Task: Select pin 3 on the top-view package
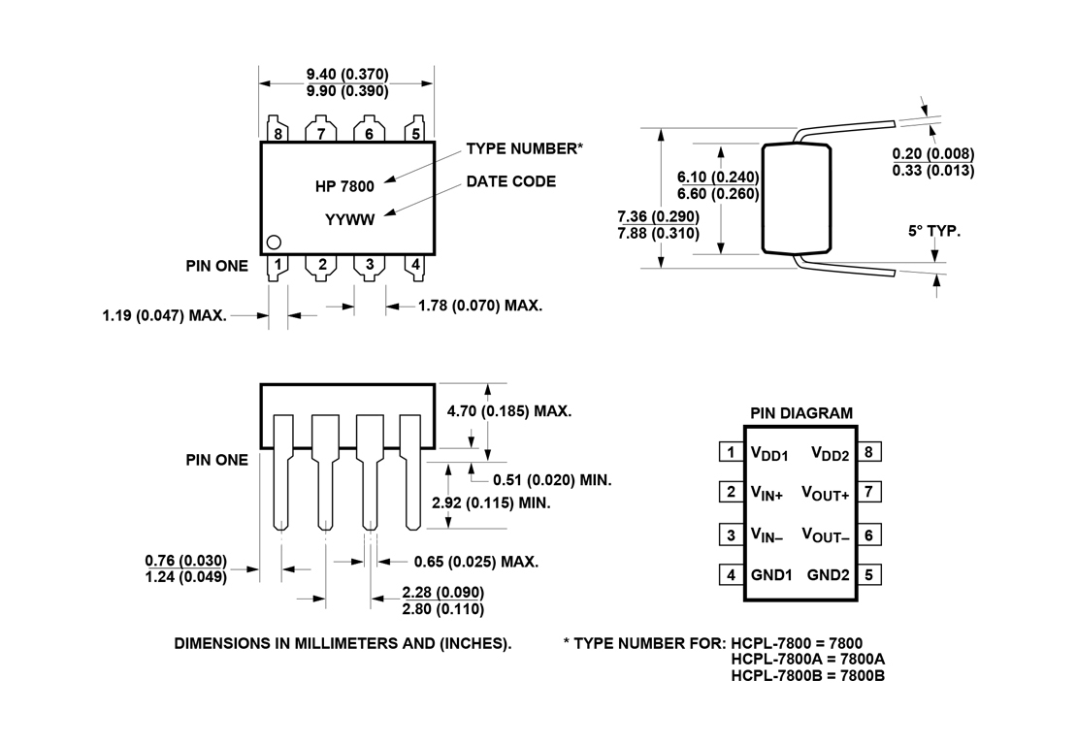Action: tap(370, 264)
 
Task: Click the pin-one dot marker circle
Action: tap(275, 243)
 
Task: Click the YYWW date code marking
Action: tap(349, 219)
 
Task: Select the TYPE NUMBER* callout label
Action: tap(525, 148)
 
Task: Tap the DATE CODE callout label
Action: tap(511, 181)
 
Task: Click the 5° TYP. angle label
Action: tap(934, 232)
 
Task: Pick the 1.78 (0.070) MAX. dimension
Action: tap(480, 306)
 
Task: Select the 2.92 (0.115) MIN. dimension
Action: tap(491, 503)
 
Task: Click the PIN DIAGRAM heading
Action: tap(801, 413)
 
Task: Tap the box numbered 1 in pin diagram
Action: tap(730, 452)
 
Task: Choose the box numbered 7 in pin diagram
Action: tap(870, 492)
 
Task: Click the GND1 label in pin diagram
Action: tap(771, 574)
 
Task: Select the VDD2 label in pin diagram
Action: tap(831, 453)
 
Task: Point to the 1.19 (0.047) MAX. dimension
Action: tap(164, 315)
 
